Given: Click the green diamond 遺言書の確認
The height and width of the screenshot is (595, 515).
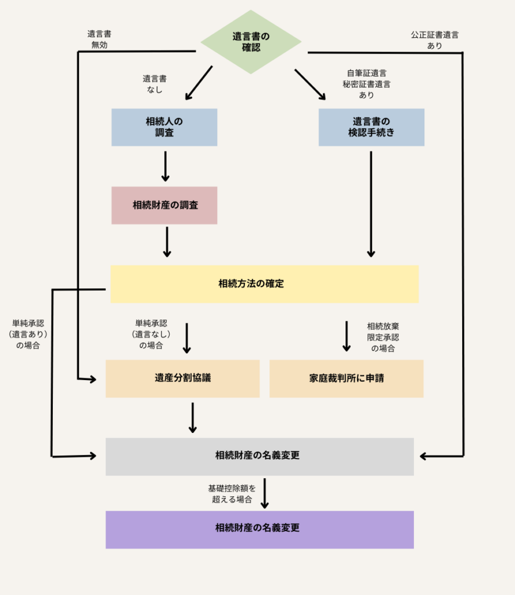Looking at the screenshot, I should (251, 42).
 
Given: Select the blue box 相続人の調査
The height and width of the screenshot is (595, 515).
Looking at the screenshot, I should (164, 127).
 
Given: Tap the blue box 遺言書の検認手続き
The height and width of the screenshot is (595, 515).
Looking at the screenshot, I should (371, 127).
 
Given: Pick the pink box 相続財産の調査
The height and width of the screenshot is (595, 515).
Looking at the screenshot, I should (164, 205).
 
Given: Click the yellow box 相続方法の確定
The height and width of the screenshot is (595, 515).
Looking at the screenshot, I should (264, 284).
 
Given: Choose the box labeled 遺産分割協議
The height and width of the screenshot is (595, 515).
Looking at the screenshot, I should (182, 378).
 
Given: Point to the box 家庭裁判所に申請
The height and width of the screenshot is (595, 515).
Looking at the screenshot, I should (346, 378).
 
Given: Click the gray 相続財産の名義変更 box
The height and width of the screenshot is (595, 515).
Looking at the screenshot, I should (260, 456).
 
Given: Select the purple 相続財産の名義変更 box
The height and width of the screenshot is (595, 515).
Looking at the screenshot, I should (260, 529).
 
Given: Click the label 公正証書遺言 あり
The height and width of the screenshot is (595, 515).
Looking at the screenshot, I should (434, 40).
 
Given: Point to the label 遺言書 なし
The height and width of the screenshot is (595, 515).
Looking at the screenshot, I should (154, 84).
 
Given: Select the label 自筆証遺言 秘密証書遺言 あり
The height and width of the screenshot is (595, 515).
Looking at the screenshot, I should (366, 84).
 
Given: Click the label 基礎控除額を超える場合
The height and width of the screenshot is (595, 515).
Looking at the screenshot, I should (232, 493).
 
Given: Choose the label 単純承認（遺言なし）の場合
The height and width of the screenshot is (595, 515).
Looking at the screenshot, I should (151, 334).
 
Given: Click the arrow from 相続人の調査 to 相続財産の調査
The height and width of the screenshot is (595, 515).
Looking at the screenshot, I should (165, 166).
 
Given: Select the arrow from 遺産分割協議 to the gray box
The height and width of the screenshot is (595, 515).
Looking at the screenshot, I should (192, 417).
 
